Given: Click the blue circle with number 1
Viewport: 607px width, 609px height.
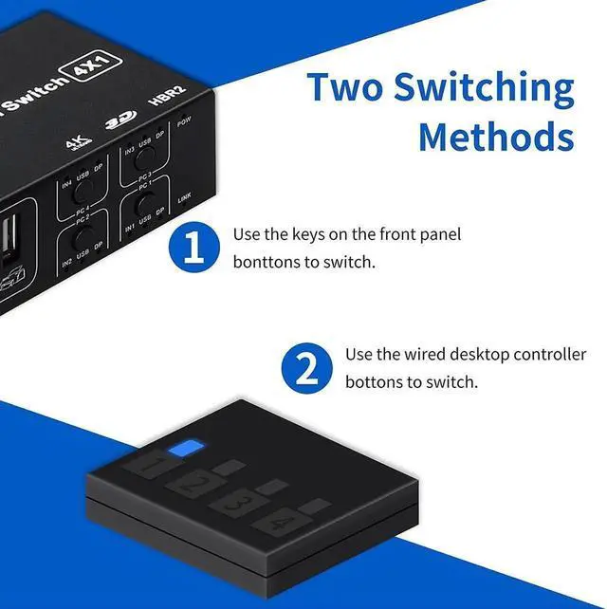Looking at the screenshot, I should click(x=193, y=249).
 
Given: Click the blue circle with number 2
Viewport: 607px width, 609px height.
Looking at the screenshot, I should click(x=306, y=368).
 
